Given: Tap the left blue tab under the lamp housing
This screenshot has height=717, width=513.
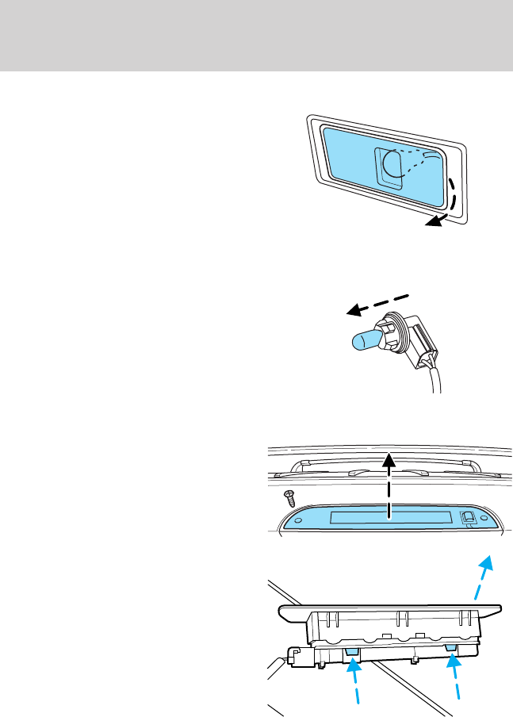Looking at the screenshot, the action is [352, 652].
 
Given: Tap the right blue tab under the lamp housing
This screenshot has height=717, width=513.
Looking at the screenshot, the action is [451, 648].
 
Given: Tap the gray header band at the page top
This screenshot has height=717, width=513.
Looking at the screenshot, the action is [256, 36].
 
